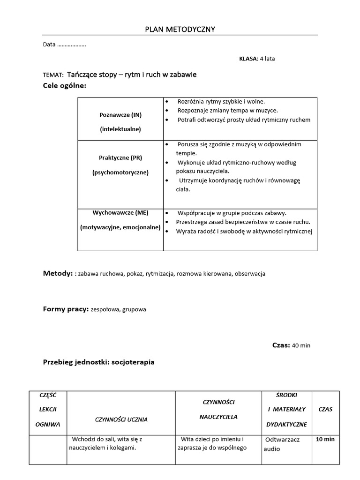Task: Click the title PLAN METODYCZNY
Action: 180,30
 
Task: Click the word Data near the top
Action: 49,45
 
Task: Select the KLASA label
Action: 248,59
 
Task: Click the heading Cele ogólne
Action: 65,85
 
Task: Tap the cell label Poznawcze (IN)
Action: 120,114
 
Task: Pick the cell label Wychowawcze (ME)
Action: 120,213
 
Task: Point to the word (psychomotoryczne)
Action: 120,172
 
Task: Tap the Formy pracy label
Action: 66,309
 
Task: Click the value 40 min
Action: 301,346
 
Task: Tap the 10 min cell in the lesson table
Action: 325,440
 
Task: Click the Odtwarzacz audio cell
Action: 282,444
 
